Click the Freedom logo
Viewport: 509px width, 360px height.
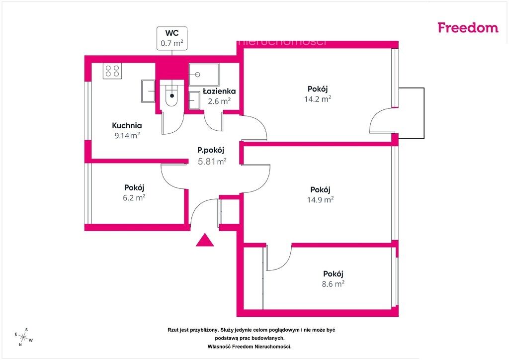(468, 27)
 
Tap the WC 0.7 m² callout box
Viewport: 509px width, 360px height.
(171, 38)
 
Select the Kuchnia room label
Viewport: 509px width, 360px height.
(127, 125)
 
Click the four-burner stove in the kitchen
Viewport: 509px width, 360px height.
(112, 71)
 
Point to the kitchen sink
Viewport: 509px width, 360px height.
(148, 91)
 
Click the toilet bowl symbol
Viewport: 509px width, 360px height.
(171, 96)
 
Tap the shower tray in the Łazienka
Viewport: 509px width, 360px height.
(204, 75)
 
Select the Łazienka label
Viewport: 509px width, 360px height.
(219, 91)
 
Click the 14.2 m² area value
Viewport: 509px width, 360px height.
(318, 99)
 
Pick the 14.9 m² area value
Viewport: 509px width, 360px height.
(321, 199)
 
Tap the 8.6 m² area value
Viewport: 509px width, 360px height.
(333, 284)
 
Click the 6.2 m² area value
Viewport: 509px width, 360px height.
(134, 197)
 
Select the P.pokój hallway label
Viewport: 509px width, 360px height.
(211, 150)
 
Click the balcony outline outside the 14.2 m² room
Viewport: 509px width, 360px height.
(424, 113)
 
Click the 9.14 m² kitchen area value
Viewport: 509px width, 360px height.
(127, 135)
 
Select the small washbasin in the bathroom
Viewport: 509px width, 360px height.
(194, 100)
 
